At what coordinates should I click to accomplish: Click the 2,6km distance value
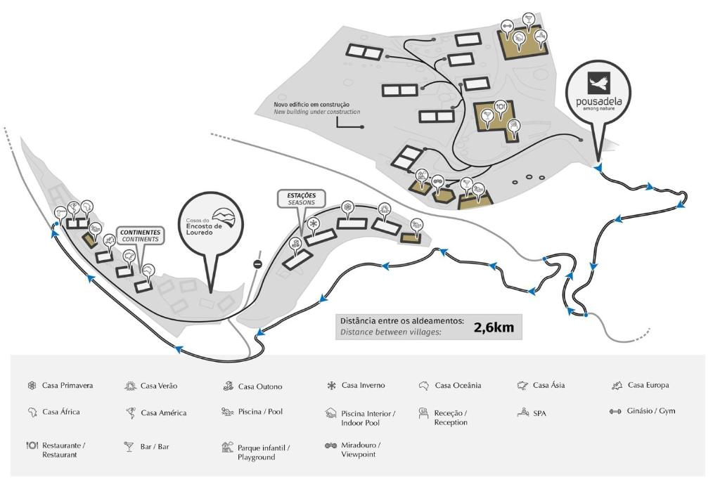(x=494, y=327)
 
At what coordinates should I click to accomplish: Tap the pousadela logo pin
(x=598, y=94)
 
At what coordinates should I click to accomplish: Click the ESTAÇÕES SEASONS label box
(x=302, y=199)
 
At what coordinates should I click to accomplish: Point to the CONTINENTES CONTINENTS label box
(x=141, y=235)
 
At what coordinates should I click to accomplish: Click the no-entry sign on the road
(x=257, y=264)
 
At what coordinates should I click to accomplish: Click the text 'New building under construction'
(x=316, y=112)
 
